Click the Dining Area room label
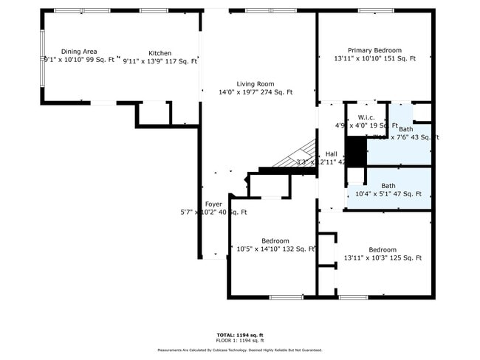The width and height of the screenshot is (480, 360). point(79,52)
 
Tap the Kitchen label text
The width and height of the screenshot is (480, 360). point(160,53)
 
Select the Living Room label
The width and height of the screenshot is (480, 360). point(256,84)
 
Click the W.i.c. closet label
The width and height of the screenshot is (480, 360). point(367,118)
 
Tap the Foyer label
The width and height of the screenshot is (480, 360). point(213,204)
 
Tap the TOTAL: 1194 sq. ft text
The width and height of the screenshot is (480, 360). point(240,335)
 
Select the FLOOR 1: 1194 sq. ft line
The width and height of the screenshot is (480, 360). point(240,341)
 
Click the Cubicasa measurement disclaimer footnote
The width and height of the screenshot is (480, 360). point(240,350)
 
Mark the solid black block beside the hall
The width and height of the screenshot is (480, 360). point(356,152)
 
